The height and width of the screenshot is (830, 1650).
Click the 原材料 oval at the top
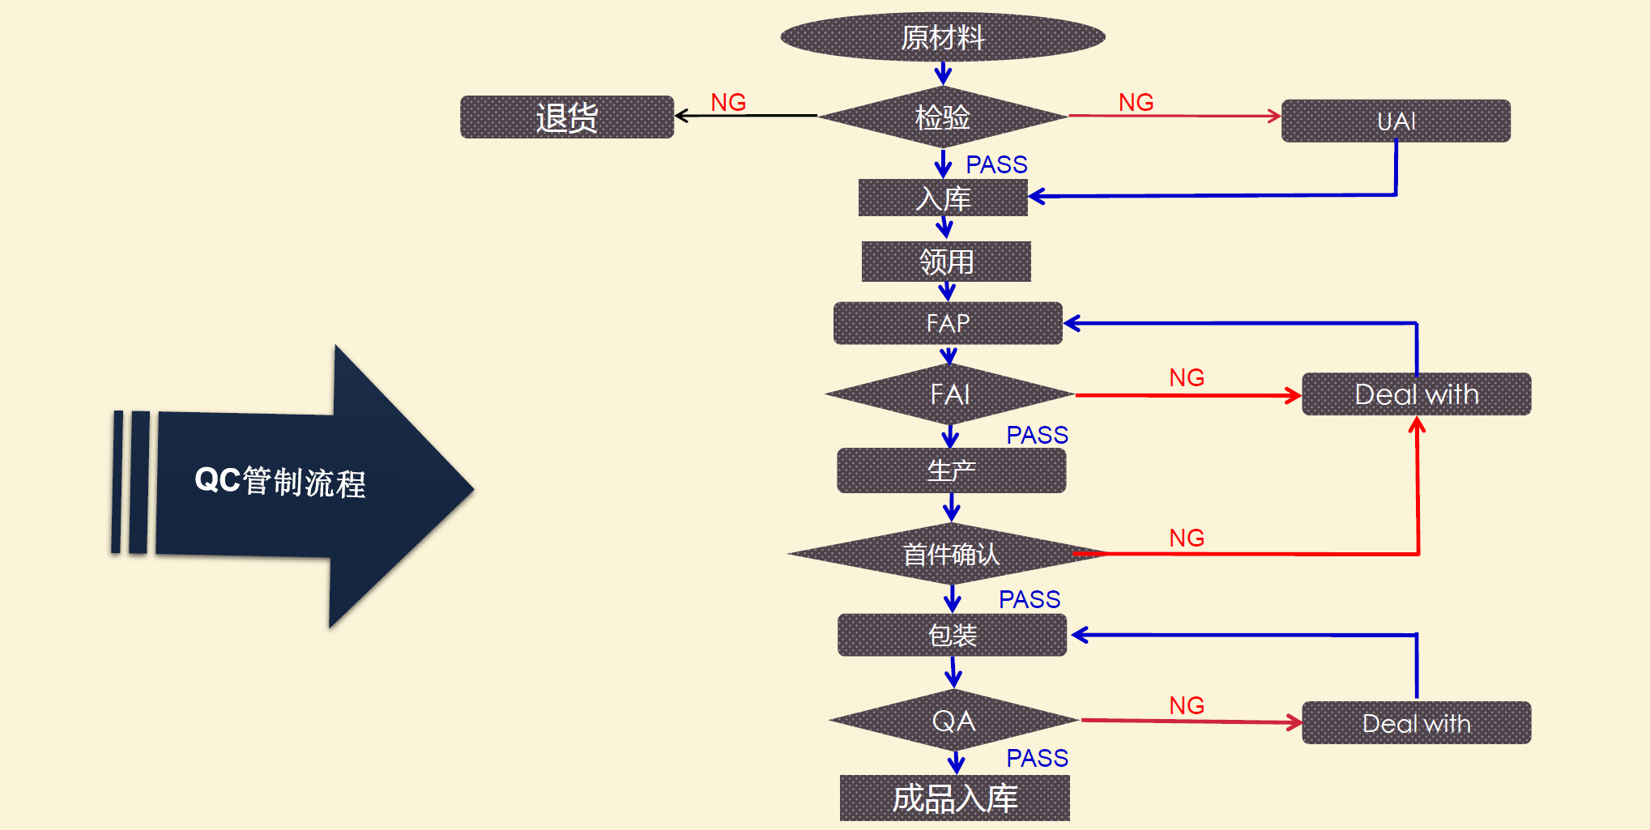click(943, 37)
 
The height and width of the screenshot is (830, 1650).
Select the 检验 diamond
click(943, 117)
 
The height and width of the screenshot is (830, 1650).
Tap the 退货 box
click(567, 117)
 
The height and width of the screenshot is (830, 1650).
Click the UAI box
click(1396, 121)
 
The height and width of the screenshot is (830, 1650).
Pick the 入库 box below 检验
click(943, 198)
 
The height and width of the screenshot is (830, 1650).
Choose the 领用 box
click(946, 262)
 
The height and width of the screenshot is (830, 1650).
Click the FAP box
click(948, 323)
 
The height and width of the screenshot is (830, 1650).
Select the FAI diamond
click(950, 394)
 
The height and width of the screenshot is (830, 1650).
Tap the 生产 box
click(951, 470)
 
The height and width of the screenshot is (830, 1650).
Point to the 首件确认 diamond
click(951, 555)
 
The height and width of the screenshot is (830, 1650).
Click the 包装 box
click(953, 635)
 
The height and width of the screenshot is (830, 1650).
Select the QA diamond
click(953, 721)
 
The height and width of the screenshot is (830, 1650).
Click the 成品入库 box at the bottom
click(954, 798)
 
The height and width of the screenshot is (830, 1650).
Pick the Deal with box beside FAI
click(1417, 394)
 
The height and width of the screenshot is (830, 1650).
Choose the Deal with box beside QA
click(1417, 723)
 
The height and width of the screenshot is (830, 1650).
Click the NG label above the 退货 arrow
click(728, 102)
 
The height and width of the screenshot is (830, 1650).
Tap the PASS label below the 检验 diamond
click(996, 164)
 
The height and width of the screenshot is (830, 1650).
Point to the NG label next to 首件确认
click(1187, 538)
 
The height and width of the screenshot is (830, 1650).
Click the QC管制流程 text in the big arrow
click(280, 482)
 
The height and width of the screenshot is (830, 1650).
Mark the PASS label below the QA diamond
click(1037, 758)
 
